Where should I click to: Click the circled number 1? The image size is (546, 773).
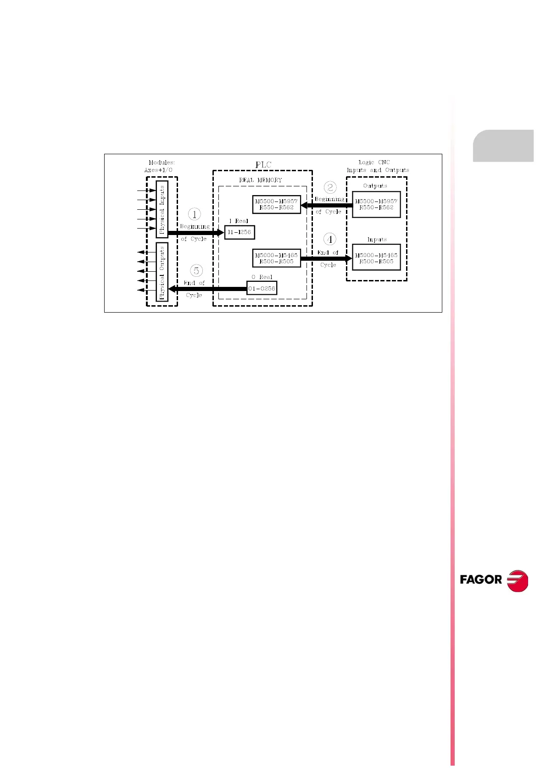point(195,214)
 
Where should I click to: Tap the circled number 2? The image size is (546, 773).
point(330,187)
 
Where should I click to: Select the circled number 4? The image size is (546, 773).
point(329,239)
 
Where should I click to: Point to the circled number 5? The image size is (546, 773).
point(196,271)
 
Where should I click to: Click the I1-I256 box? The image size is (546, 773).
point(240,232)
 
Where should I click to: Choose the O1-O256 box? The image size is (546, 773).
point(262,288)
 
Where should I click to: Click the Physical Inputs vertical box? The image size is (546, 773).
point(162,209)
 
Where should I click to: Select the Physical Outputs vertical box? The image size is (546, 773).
point(162,272)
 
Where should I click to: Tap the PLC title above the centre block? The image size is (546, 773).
point(263,165)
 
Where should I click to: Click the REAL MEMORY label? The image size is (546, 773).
point(261,180)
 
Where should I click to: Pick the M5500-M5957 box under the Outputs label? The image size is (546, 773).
point(376,204)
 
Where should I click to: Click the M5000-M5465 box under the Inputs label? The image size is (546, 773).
point(376,258)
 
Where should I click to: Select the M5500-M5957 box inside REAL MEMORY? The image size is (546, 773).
point(276,204)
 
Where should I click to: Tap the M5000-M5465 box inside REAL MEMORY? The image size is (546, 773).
point(276,258)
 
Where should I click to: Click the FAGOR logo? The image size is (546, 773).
point(494,580)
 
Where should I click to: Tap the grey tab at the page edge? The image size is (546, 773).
point(503,146)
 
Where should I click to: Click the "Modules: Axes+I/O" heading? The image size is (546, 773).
point(160,166)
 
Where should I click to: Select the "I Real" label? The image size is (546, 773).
point(239,221)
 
